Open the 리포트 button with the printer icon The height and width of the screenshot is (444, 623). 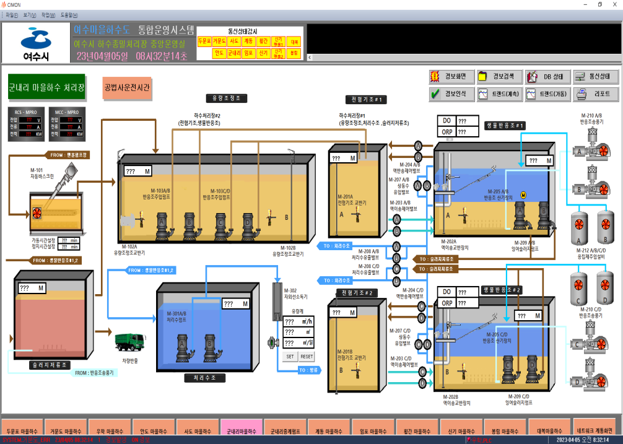pyautogui.click(x=596, y=95)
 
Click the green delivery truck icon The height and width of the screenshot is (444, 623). pyautogui.click(x=131, y=342)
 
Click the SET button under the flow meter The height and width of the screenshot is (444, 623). pyautogui.click(x=290, y=357)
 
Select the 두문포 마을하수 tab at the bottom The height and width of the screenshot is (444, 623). pyautogui.click(x=22, y=430)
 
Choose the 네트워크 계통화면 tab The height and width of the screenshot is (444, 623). pyautogui.click(x=595, y=430)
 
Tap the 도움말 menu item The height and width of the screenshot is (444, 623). pyautogui.click(x=69, y=15)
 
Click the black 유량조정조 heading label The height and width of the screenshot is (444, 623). pyautogui.click(x=227, y=98)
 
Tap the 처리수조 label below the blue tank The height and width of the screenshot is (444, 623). pyautogui.click(x=205, y=377)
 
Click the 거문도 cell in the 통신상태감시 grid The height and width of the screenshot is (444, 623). pyautogui.click(x=219, y=41)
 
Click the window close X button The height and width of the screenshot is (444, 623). pyautogui.click(x=614, y=4)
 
